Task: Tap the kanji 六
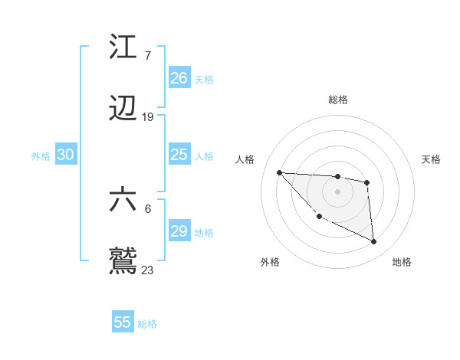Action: [x=123, y=201]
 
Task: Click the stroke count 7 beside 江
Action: [x=147, y=56]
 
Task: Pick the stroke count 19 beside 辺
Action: [x=148, y=117]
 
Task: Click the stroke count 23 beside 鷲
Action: [x=148, y=270]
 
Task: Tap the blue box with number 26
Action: [x=179, y=78]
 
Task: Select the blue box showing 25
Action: [x=179, y=155]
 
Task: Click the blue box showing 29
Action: [x=179, y=231]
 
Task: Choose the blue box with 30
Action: [x=66, y=155]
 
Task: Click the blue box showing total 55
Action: [x=123, y=322]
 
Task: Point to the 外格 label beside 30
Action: [x=41, y=156]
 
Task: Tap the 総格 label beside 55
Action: [x=147, y=324]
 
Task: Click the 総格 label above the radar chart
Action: [x=337, y=100]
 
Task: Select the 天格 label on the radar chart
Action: [x=431, y=159]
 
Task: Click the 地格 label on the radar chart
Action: [x=402, y=262]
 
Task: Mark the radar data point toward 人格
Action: [x=279, y=172]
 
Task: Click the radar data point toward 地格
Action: [x=374, y=242]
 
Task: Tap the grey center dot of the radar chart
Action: [x=337, y=191]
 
